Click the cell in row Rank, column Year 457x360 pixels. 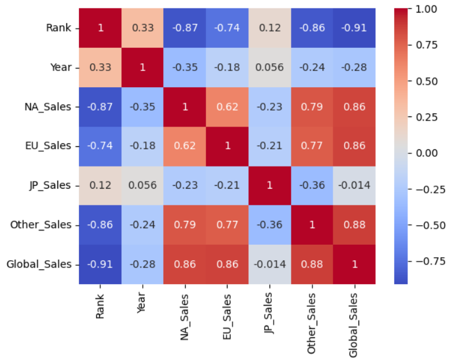coord(142,28)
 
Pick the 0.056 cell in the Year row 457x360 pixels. coord(269,67)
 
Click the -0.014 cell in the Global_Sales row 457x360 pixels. coord(269,264)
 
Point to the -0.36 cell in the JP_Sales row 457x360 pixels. coord(311,185)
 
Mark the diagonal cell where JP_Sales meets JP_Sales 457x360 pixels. coord(269,185)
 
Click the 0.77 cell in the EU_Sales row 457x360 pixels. coord(311,146)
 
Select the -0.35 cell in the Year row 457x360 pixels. coord(185,67)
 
